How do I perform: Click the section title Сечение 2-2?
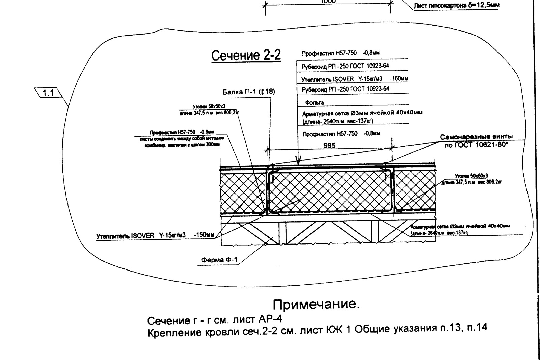pyautogui.click(x=246, y=55)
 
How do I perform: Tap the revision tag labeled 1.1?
pyautogui.click(x=49, y=93)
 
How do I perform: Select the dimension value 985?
pyautogui.click(x=329, y=145)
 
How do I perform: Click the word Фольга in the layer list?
pyautogui.click(x=314, y=102)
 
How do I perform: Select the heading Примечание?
pyautogui.click(x=316, y=304)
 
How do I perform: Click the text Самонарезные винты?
pyautogui.click(x=476, y=137)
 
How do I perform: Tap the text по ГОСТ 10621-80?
pyautogui.click(x=476, y=144)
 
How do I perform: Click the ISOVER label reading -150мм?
pyautogui.click(x=155, y=235)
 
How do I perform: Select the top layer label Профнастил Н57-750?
pyautogui.click(x=340, y=53)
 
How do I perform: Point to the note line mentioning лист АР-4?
pyautogui.click(x=215, y=319)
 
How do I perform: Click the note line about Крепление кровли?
pyautogui.click(x=317, y=330)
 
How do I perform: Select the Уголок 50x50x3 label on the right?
pyautogui.click(x=471, y=176)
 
